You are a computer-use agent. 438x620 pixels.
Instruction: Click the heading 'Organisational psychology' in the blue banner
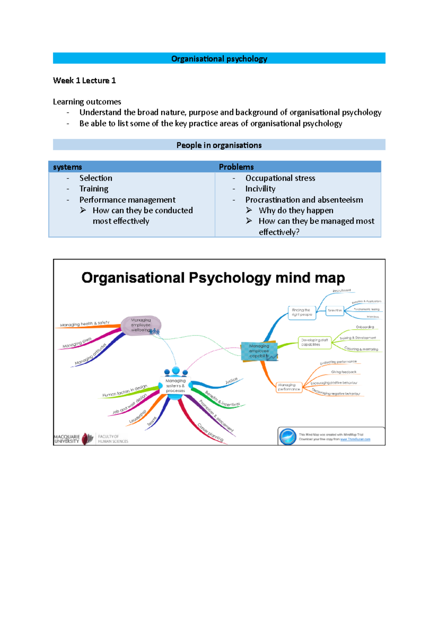pyautogui.click(x=219, y=59)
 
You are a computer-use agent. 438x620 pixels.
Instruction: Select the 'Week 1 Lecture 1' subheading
pyautogui.click(x=84, y=81)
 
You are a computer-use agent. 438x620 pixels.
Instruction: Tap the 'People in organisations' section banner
pyautogui.click(x=219, y=145)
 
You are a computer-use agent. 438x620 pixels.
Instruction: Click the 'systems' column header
pyautogui.click(x=68, y=167)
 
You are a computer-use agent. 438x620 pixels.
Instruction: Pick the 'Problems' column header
pyautogui.click(x=236, y=167)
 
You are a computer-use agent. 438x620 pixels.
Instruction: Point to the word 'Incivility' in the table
pyautogui.click(x=260, y=189)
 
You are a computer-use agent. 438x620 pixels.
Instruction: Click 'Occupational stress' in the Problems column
pyautogui.click(x=280, y=178)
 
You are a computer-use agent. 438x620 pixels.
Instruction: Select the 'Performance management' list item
pyautogui.click(x=127, y=200)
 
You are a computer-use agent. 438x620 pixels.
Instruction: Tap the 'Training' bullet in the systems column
pyautogui.click(x=94, y=189)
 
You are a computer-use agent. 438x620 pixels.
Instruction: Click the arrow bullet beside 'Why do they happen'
pyautogui.click(x=249, y=210)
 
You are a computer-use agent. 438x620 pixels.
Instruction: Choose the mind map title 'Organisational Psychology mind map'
pyautogui.click(x=213, y=278)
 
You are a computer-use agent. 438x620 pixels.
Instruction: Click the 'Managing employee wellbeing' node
pyautogui.click(x=141, y=325)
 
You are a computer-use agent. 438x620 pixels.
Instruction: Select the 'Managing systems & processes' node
pyautogui.click(x=175, y=386)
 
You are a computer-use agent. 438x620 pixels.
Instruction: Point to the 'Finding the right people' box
pyautogui.click(x=302, y=313)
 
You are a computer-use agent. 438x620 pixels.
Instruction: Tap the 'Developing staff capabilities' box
pyautogui.click(x=314, y=342)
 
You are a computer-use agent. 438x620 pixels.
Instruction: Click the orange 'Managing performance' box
pyautogui.click(x=289, y=387)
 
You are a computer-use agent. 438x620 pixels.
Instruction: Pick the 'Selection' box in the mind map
pyautogui.click(x=335, y=310)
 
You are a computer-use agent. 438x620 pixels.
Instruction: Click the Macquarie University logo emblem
pyautogui.click(x=88, y=439)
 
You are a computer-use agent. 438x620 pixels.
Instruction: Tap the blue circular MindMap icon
pyautogui.click(x=288, y=437)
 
